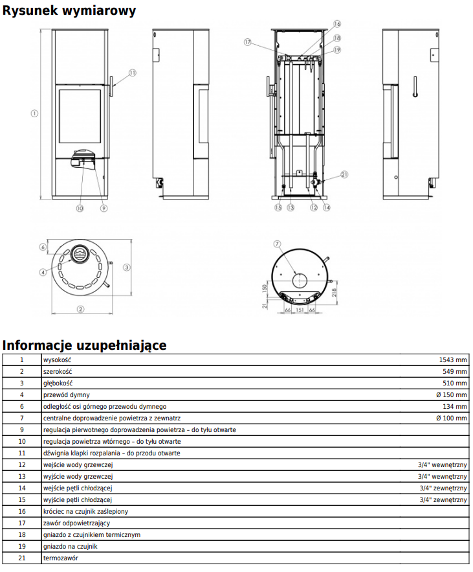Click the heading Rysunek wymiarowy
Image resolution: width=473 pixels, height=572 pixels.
[69, 10]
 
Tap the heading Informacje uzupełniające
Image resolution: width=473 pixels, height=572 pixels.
[84, 345]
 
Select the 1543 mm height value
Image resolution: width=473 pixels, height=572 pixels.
[452, 360]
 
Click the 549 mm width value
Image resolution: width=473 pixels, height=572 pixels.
[454, 372]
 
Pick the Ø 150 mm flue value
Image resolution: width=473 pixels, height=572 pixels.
[451, 395]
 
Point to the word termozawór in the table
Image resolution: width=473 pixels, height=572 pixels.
[60, 558]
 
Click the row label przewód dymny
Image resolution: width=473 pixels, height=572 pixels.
[66, 395]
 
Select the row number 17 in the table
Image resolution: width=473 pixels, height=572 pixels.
[22, 523]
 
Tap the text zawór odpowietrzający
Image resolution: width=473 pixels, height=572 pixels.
[76, 523]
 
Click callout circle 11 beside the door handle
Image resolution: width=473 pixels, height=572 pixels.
[132, 73]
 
